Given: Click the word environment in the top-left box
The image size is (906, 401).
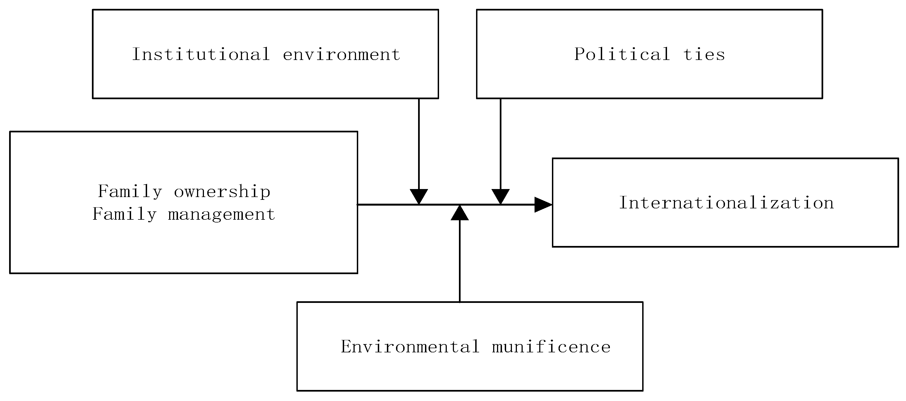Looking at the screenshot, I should [x=341, y=54].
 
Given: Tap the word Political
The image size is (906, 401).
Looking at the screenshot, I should [x=622, y=54].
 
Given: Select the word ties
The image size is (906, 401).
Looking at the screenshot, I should [x=704, y=54].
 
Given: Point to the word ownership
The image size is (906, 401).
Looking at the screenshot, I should [x=222, y=192].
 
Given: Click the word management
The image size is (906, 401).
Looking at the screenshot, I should [x=222, y=214].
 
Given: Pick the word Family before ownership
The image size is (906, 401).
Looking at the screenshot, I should [x=130, y=192].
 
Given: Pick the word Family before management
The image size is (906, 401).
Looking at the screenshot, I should [x=124, y=214].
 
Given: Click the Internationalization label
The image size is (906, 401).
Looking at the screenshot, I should [x=726, y=203].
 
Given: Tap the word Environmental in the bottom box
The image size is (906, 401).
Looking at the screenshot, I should [x=410, y=347].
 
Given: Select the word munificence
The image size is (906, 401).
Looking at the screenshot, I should [x=551, y=347].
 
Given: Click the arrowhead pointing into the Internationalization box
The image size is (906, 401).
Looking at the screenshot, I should [x=543, y=205].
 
